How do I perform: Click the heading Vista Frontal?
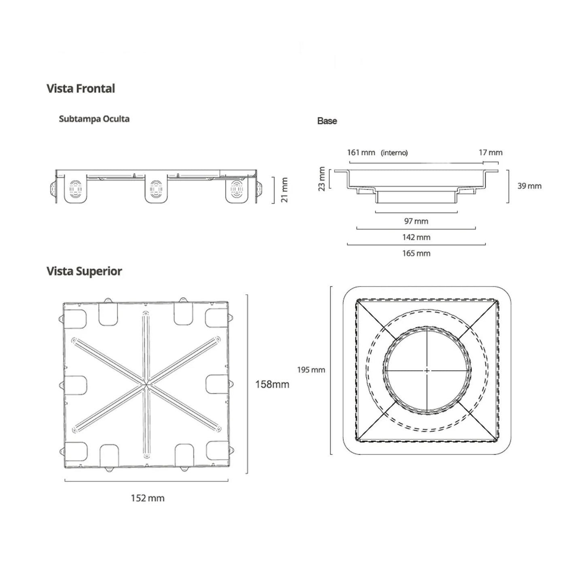(81, 88)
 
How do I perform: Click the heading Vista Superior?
(84, 271)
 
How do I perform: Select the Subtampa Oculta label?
(94, 119)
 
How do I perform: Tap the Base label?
(327, 121)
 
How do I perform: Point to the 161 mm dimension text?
(361, 153)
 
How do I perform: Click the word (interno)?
(394, 153)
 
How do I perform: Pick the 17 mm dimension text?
(490, 153)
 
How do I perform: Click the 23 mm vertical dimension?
(322, 179)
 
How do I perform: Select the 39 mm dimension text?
(529, 186)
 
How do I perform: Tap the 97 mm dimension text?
(416, 221)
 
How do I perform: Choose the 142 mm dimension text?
(416, 237)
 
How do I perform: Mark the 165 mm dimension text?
(416, 253)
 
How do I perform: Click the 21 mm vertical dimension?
(285, 189)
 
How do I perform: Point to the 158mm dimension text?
(272, 384)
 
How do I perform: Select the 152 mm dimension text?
(147, 498)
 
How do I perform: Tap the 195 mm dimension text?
(311, 370)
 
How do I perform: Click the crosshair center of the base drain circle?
(427, 370)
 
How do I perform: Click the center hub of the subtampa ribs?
(146, 384)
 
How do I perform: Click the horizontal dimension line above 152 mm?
(146, 481)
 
